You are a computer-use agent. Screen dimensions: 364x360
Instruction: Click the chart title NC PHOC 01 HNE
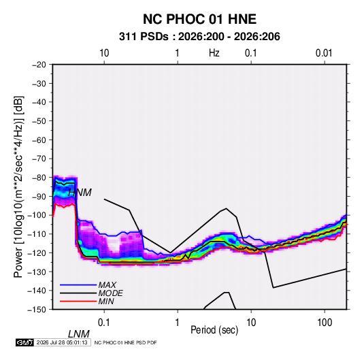coord(199,19)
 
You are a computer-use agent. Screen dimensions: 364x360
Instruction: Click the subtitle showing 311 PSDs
coord(199,37)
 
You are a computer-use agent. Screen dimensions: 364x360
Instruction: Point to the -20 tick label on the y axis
coord(39,65)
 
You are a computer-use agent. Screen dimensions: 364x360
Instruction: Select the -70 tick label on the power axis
coord(39,159)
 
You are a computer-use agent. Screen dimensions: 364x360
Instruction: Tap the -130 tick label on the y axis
coord(37,272)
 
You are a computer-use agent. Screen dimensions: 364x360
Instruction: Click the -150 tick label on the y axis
coord(37,310)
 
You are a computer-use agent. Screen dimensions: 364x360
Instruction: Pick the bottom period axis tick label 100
coord(325,323)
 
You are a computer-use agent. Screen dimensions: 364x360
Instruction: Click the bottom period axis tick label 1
coord(178,323)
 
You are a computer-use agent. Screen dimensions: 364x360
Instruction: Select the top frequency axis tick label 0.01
coord(324,53)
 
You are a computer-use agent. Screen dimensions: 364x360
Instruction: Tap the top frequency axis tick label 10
coord(104,53)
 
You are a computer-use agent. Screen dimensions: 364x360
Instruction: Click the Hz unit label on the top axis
coord(214,53)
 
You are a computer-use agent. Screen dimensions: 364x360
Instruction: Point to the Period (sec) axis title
coord(214,330)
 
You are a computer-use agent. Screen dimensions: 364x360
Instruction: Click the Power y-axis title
coord(18,186)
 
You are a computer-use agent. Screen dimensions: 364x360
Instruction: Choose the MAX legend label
coord(107,285)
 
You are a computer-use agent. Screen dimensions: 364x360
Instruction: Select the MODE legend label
coord(110,293)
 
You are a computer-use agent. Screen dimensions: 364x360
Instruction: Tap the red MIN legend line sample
coord(78,301)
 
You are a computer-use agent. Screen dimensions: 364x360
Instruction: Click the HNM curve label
coord(80,193)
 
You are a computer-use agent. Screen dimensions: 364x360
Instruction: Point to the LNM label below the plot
coord(79,334)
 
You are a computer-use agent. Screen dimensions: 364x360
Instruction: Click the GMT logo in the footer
coord(25,342)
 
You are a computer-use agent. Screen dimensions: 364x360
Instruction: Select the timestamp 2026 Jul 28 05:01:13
coord(62,342)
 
